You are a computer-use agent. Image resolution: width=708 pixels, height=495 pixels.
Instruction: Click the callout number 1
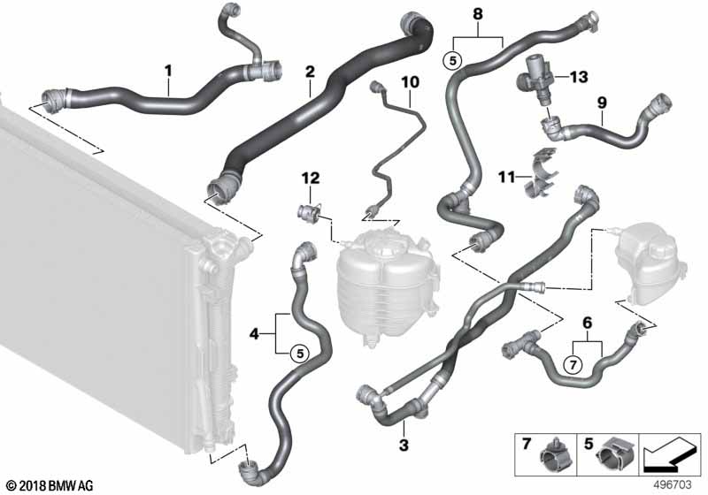(169, 67)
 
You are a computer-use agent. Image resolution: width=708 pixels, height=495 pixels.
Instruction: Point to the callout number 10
(409, 82)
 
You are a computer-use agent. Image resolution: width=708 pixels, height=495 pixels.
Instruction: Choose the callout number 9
(602, 103)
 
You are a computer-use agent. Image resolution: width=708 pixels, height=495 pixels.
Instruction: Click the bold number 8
(479, 14)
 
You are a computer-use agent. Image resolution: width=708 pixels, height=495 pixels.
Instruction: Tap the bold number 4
(255, 334)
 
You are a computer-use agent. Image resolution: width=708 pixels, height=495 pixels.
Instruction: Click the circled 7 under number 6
(573, 364)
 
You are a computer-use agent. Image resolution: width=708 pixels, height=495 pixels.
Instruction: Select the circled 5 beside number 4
(299, 354)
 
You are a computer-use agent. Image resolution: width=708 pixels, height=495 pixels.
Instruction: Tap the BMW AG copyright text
(42, 485)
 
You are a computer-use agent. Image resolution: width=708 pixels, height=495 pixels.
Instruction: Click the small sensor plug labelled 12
(307, 211)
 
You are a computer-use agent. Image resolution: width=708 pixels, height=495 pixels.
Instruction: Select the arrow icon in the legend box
(670, 453)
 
